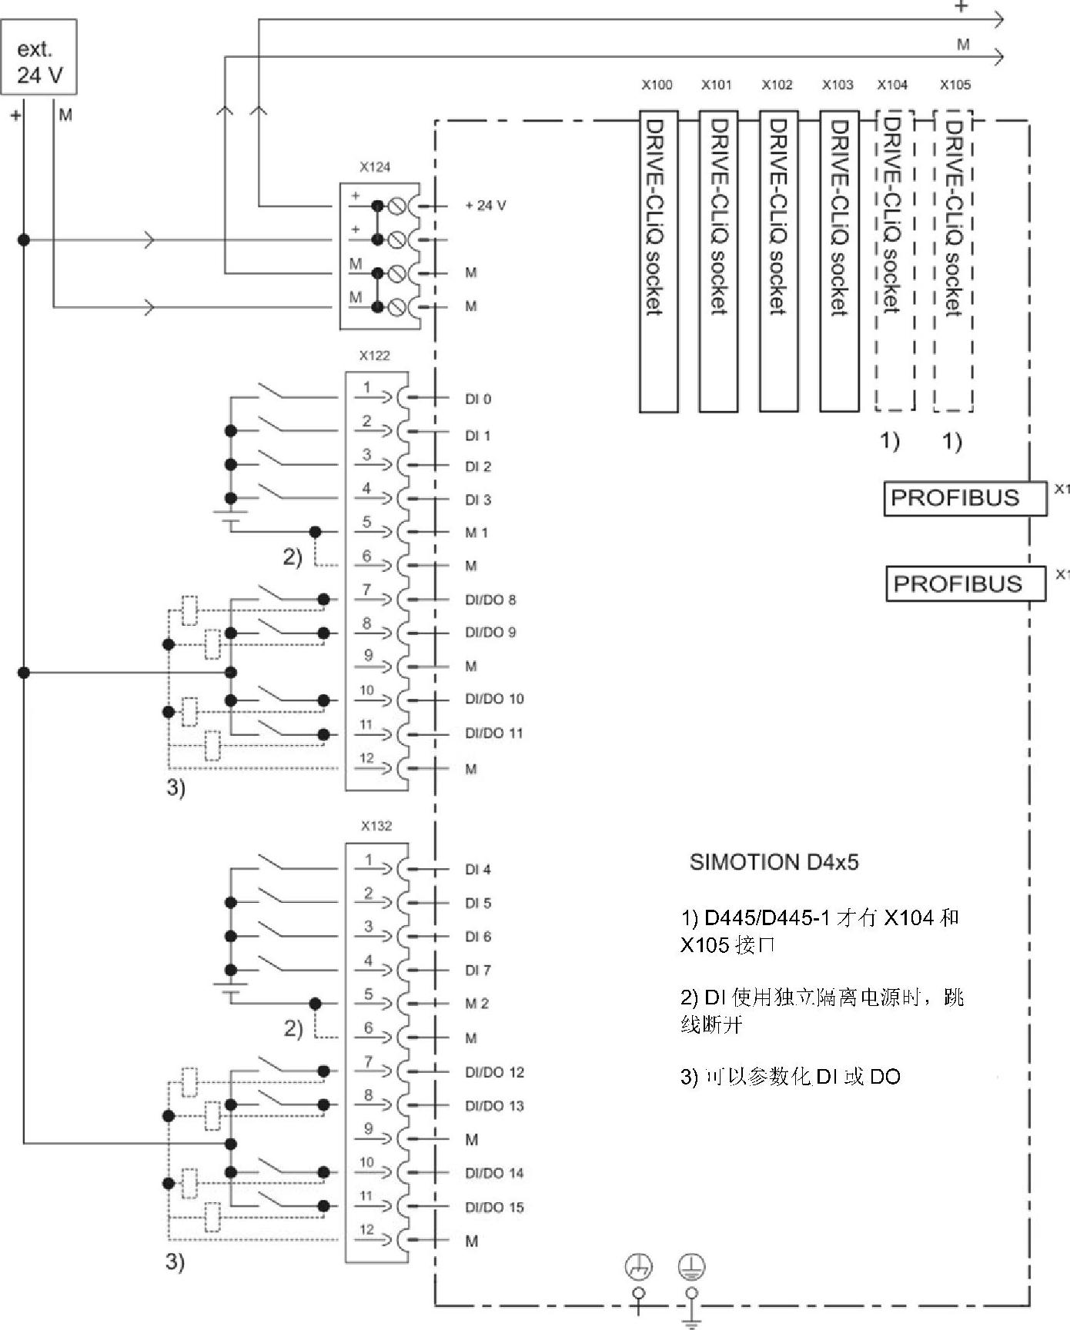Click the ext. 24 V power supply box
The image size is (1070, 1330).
click(x=39, y=58)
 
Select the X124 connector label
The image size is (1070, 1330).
click(x=375, y=167)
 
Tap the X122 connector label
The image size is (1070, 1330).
click(x=375, y=356)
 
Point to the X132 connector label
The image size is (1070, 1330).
click(x=376, y=826)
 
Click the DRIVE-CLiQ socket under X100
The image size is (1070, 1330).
click(x=658, y=261)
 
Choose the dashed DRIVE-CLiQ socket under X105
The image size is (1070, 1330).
click(x=953, y=261)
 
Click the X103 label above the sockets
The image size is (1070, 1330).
click(x=838, y=85)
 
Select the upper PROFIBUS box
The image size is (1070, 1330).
click(x=965, y=498)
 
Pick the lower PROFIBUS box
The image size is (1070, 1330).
click(x=965, y=583)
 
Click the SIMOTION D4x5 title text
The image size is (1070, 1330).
click(x=774, y=862)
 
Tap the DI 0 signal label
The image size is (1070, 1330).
click(x=478, y=399)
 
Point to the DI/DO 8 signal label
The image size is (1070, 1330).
click(x=490, y=600)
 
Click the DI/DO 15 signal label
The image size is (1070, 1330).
click(x=494, y=1207)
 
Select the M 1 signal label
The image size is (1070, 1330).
click(x=476, y=533)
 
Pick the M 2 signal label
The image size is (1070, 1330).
click(x=477, y=1004)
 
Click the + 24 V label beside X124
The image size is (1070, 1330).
click(x=486, y=206)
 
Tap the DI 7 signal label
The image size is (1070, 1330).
click(x=478, y=971)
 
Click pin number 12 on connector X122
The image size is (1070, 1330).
click(x=366, y=759)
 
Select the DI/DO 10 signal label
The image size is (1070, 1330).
click(x=494, y=699)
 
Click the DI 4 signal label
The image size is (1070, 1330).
click(x=478, y=870)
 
